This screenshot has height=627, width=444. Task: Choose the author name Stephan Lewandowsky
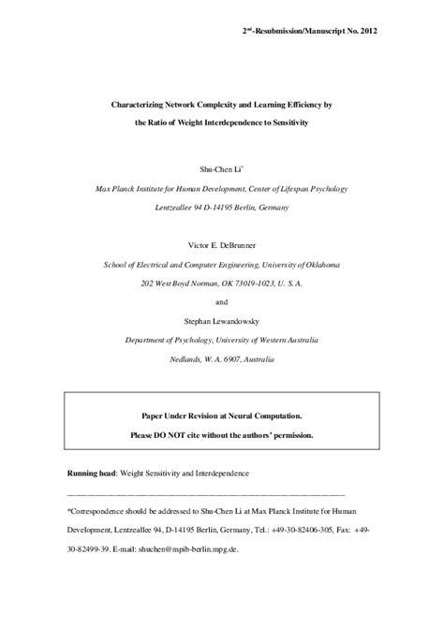[x=222, y=318]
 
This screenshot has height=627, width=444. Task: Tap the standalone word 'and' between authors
[x=222, y=301]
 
